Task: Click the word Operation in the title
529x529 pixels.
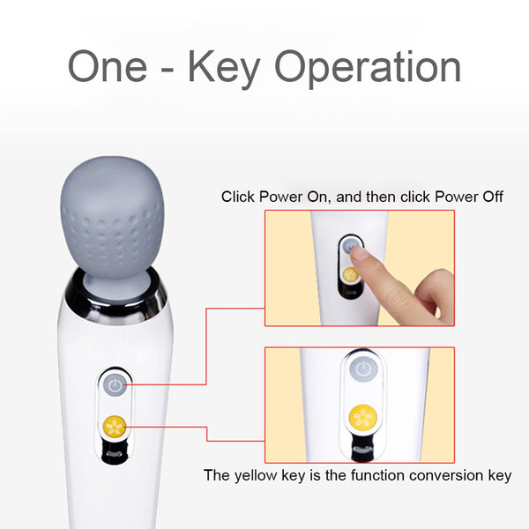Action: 368,70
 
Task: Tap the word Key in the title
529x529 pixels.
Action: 224,70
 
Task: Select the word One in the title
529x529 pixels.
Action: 108,66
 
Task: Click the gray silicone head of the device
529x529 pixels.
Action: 112,223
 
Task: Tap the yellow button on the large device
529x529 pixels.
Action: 115,426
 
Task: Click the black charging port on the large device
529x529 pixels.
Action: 115,451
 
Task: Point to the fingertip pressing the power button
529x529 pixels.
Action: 358,252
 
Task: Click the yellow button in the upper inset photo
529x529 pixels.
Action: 350,275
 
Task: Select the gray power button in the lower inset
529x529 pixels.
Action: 363,368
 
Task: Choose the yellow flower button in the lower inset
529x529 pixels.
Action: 362,418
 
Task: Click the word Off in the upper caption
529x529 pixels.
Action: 493,197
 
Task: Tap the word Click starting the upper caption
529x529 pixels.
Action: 237,197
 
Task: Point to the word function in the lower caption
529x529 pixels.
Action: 377,475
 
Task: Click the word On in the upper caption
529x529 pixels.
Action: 317,197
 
